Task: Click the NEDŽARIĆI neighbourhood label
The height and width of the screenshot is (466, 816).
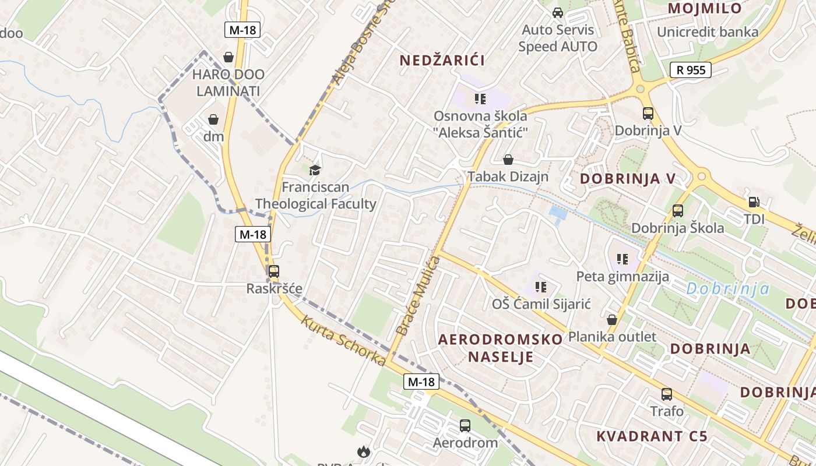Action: point(442,60)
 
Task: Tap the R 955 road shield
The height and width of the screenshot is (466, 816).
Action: point(691,70)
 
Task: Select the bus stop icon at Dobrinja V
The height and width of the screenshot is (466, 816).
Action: point(648,114)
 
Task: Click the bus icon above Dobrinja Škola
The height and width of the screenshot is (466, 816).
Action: point(678,211)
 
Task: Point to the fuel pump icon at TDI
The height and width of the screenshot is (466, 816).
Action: point(754,203)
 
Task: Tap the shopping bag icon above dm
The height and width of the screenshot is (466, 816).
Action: point(214,119)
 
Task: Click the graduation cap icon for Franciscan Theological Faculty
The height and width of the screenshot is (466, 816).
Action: point(315,170)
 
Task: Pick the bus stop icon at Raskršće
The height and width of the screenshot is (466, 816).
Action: point(273,271)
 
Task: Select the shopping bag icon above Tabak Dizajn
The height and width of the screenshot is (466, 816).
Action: point(508,160)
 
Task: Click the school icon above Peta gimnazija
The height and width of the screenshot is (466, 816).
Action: point(622,259)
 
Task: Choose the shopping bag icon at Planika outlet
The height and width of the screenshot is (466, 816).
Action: point(612,320)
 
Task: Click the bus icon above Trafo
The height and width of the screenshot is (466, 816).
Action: point(667,394)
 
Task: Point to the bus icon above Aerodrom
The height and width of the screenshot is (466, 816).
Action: point(465,426)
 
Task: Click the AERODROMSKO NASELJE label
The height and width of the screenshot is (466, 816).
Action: point(501,348)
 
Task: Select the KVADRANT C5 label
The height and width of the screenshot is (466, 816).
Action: point(652,436)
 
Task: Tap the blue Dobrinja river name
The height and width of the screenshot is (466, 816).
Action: point(727,288)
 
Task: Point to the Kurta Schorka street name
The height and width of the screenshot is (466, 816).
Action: point(343,341)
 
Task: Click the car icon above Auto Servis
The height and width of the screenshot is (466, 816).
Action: point(558,13)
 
